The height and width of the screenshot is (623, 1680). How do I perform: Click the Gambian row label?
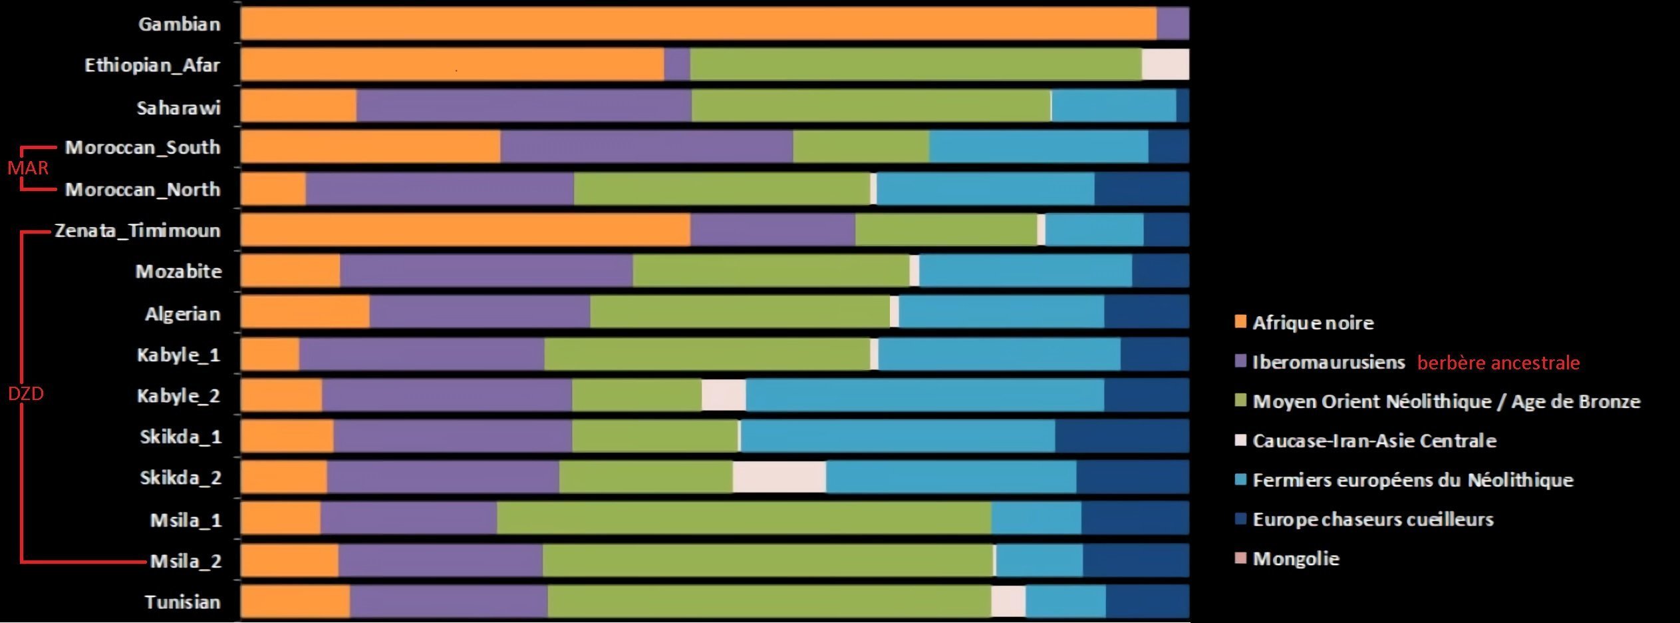tap(179, 25)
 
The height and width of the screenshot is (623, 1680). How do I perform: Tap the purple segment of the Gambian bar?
tap(1173, 24)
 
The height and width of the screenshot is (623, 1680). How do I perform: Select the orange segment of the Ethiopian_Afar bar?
tap(452, 65)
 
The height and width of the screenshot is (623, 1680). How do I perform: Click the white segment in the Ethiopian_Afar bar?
tap(1165, 65)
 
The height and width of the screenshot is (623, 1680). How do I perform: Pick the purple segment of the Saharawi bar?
tap(524, 106)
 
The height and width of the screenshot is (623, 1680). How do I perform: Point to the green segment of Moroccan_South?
tap(861, 146)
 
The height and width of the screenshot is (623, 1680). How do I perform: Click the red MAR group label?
tap(28, 168)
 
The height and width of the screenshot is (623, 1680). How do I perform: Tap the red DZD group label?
tap(26, 394)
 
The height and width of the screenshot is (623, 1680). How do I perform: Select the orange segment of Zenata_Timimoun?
tap(466, 230)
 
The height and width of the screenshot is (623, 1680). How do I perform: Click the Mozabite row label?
tap(178, 272)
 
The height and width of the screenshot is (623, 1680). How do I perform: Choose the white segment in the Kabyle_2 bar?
tap(724, 395)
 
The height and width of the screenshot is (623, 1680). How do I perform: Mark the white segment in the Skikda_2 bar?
tap(779, 477)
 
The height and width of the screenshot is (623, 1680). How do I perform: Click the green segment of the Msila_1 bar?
tap(744, 519)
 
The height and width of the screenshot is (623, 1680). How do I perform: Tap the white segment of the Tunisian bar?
tap(1008, 602)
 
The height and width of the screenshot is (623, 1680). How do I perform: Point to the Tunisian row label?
tap(182, 602)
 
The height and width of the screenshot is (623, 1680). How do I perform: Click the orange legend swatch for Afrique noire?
tap(1240, 322)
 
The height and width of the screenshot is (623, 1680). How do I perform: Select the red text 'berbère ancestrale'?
tap(1498, 363)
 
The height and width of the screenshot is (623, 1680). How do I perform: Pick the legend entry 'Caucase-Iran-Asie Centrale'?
tap(1374, 441)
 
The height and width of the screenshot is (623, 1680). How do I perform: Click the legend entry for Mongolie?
tap(1296, 558)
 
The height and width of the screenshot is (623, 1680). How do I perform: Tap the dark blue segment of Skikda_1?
tap(1121, 437)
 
